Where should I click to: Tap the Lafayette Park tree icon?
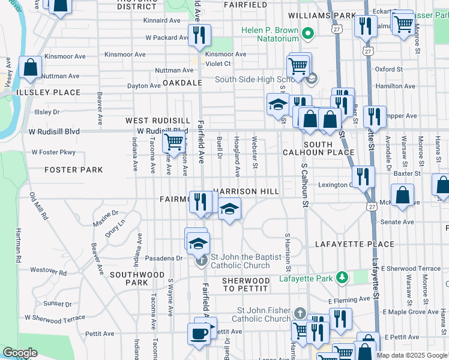click(x=342, y=277)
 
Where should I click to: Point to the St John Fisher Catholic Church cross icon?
click(x=300, y=314)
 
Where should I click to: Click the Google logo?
click(x=20, y=353)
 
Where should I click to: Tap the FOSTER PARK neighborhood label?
click(x=74, y=170)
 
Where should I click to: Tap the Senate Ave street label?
click(x=397, y=222)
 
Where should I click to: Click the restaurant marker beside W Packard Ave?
click(x=199, y=35)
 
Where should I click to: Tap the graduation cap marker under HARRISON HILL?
click(x=229, y=209)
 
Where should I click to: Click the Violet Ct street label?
click(x=218, y=64)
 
